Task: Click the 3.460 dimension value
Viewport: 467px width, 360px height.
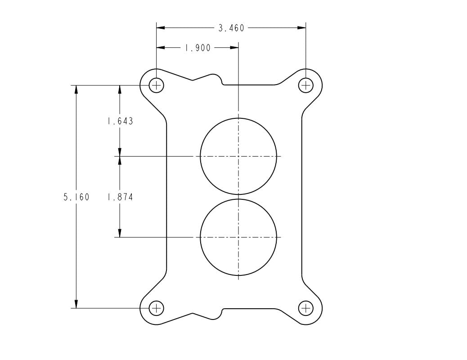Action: tap(231, 28)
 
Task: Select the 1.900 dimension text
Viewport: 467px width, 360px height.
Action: tap(198, 48)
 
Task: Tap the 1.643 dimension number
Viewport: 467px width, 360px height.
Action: tap(120, 121)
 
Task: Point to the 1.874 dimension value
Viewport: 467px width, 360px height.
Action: tap(120, 197)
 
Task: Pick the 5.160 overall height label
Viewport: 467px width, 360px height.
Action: tap(76, 197)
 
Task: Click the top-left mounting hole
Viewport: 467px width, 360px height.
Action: tap(156, 85)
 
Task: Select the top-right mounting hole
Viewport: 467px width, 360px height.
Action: tap(305, 85)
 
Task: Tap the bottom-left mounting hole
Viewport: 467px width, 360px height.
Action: tap(156, 308)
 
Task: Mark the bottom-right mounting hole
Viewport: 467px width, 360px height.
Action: tap(305, 308)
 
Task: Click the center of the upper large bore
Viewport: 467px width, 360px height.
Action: tap(238, 156)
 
